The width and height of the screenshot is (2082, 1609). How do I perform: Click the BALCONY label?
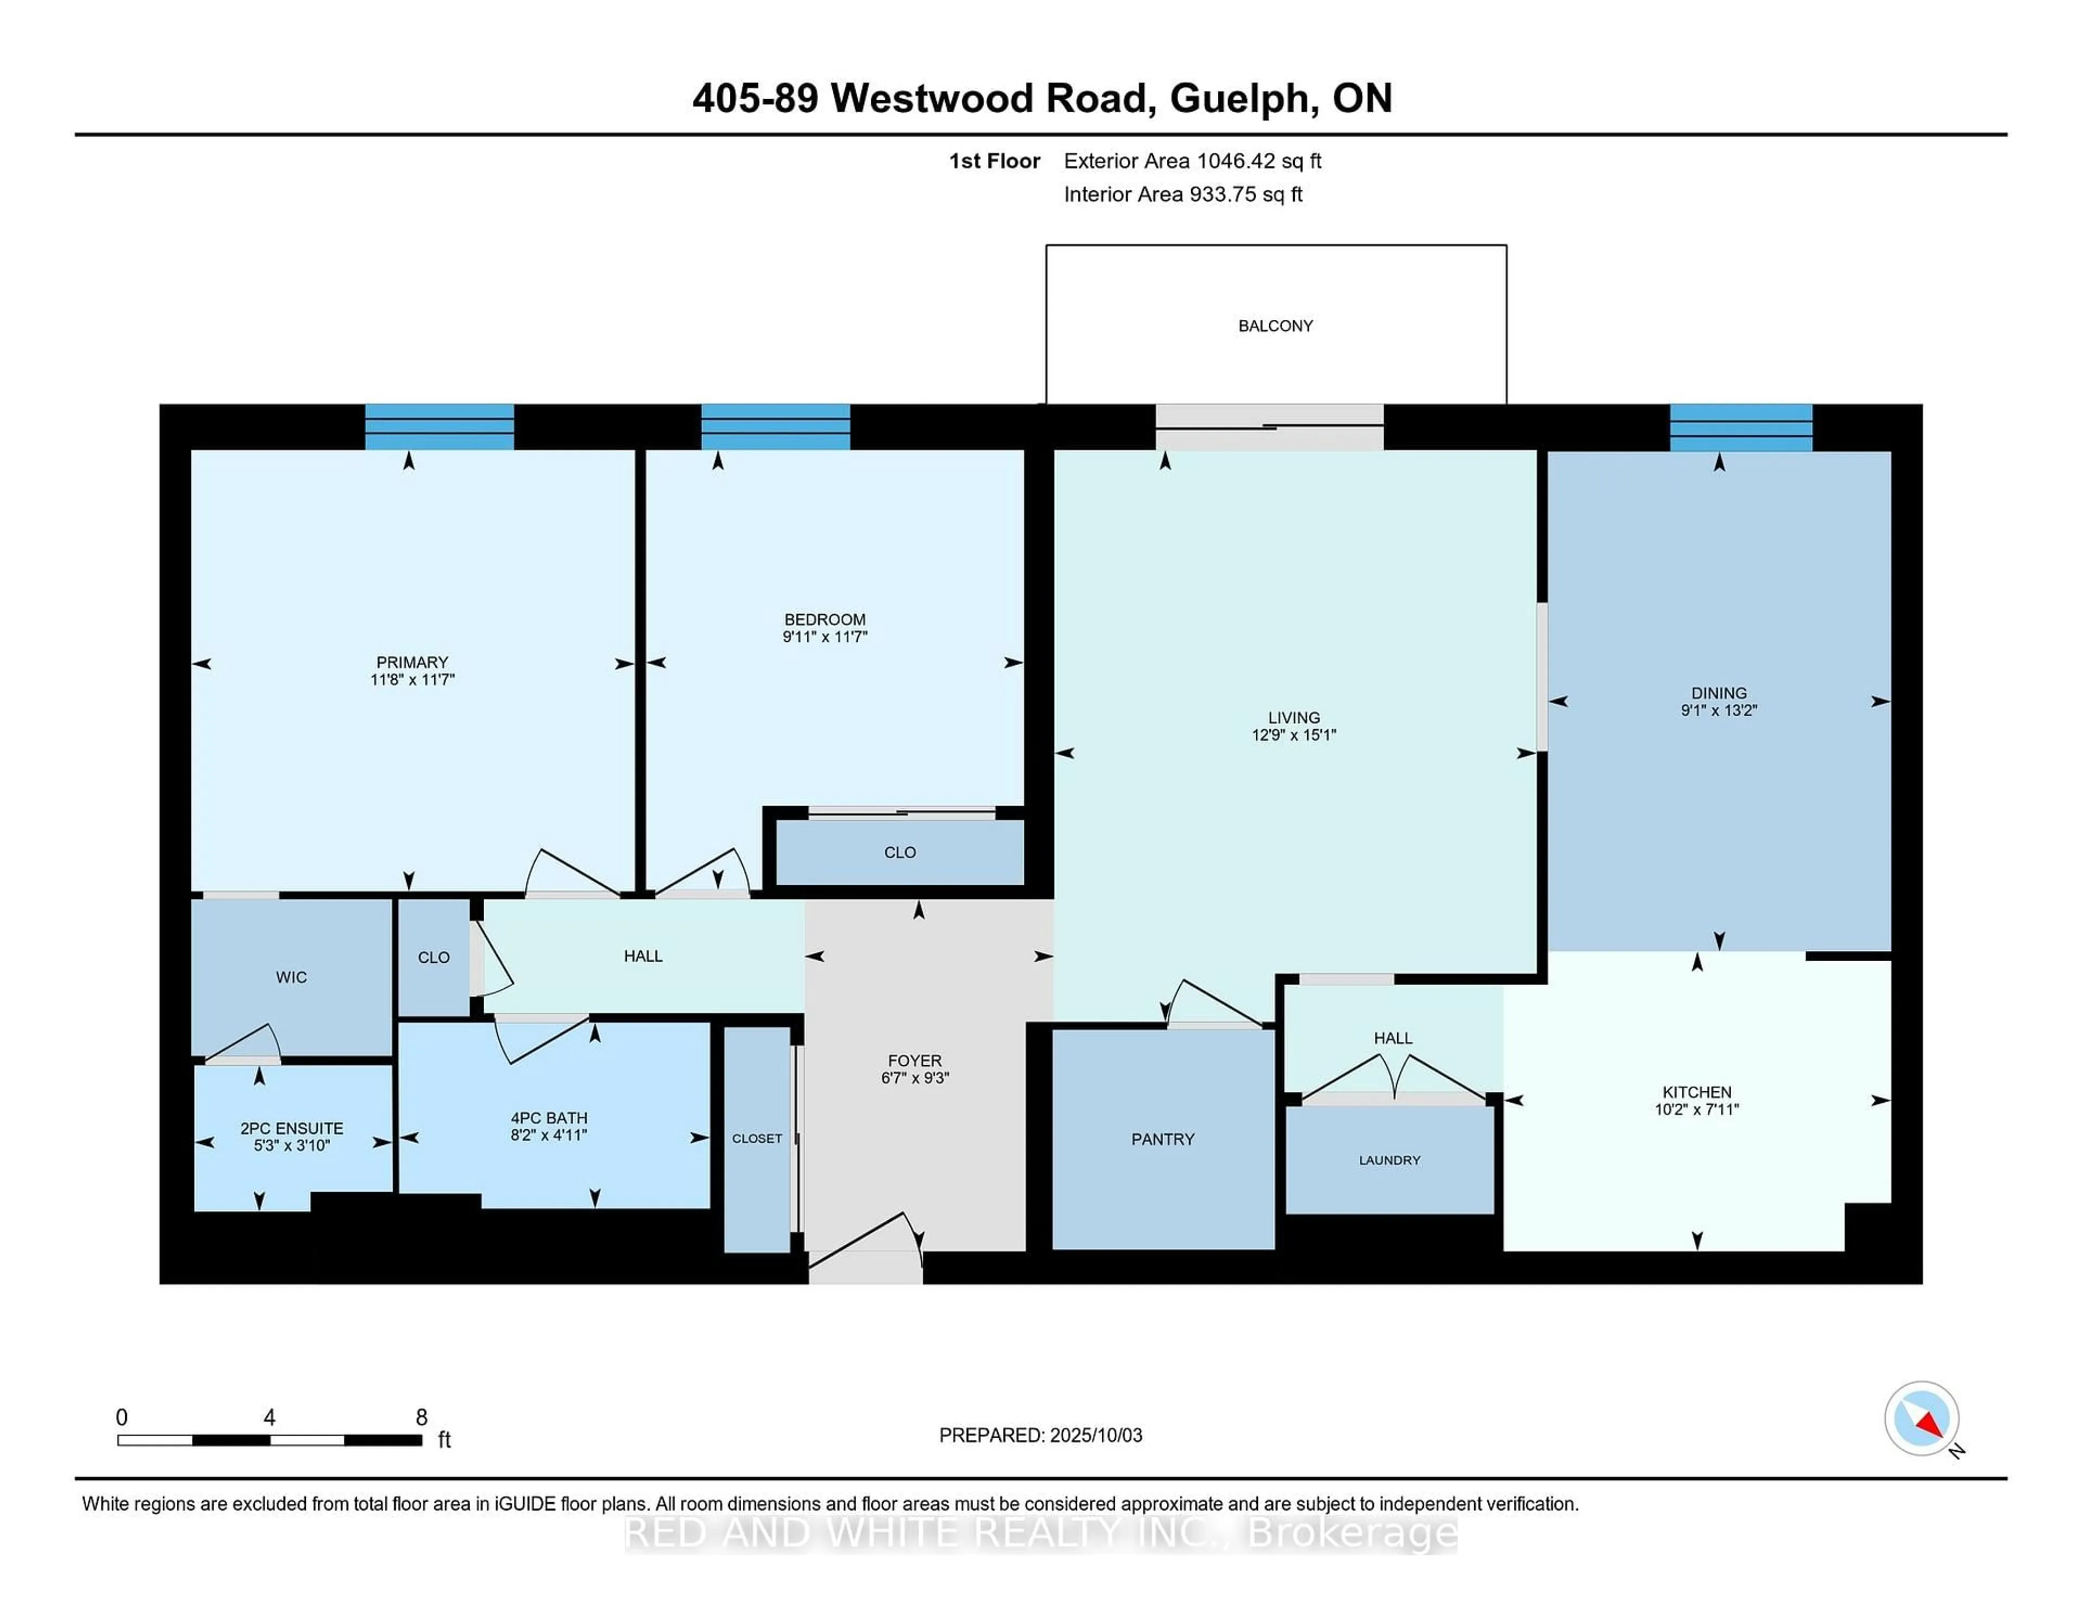coord(1276,326)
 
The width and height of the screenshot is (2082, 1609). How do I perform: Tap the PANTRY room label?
coord(1163,1139)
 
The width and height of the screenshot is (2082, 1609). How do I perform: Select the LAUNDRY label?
coord(1390,1160)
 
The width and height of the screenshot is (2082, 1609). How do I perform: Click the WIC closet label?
coord(292,977)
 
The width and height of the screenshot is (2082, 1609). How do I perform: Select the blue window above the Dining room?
coord(1741,427)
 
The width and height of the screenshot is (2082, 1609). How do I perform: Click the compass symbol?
coord(1922,1418)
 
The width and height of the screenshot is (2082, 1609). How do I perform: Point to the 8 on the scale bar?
coord(421,1418)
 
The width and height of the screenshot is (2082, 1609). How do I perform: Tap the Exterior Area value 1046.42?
coord(1236,161)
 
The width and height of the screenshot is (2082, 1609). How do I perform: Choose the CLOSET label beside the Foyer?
coord(757,1138)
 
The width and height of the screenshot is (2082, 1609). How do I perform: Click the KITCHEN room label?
coord(1697,1092)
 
